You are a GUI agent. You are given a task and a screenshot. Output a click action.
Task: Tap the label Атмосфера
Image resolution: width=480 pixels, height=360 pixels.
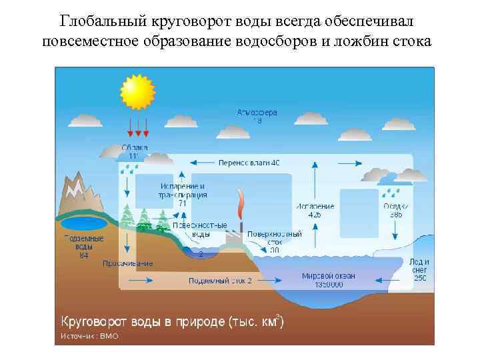(x=257, y=113)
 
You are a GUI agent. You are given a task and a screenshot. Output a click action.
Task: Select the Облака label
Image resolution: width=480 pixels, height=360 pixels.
(x=135, y=147)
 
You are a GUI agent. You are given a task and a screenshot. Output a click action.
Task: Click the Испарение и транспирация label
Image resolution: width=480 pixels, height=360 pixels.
(x=182, y=190)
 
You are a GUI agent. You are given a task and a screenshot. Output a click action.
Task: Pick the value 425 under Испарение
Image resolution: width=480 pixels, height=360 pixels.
(x=315, y=215)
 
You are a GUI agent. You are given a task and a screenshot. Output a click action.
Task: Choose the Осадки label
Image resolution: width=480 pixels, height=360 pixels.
(x=396, y=207)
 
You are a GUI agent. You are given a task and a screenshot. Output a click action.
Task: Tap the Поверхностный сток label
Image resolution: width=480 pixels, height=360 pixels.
(x=275, y=235)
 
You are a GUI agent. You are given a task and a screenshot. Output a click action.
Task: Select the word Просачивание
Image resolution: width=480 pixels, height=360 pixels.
(x=127, y=263)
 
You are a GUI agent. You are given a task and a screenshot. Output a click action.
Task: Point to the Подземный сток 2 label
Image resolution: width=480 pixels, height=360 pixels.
(x=221, y=281)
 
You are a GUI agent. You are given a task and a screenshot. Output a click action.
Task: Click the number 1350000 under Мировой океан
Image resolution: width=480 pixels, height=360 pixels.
(x=328, y=285)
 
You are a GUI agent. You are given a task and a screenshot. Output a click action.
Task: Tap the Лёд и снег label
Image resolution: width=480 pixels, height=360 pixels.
(x=419, y=269)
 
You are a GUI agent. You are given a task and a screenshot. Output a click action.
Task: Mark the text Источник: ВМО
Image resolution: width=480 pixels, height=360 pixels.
(x=89, y=336)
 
